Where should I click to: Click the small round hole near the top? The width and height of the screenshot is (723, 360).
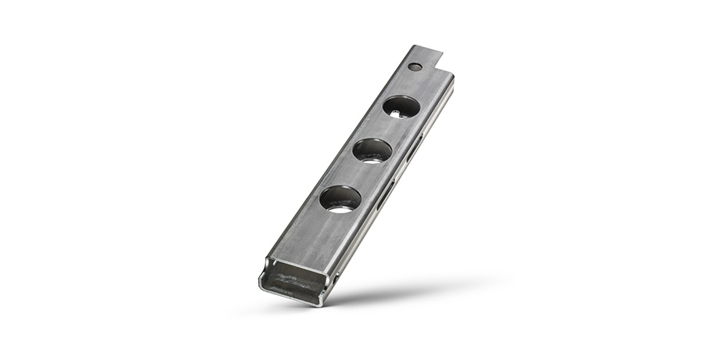(415, 67)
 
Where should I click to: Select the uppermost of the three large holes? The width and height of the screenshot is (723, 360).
(401, 106)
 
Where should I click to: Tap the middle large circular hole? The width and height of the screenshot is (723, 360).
(372, 149)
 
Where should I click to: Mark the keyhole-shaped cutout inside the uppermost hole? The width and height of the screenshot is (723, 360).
(398, 115)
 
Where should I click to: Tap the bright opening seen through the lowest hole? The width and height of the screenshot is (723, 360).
(339, 208)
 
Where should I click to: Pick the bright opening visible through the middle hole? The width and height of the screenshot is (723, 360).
(370, 159)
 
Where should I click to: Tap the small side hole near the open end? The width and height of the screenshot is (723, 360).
(335, 279)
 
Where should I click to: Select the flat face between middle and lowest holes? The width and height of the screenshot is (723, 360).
(357, 174)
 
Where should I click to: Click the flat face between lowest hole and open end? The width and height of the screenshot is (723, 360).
(313, 235)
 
